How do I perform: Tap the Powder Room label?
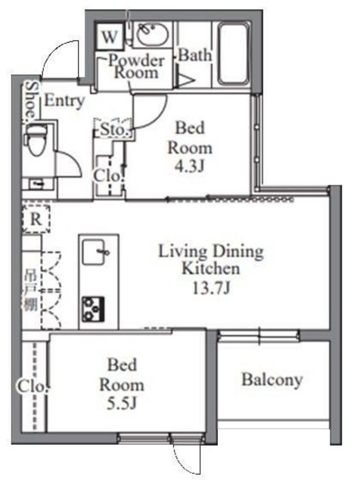[x=136, y=67]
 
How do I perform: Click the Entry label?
[x=64, y=101]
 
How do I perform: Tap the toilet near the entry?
[x=34, y=141]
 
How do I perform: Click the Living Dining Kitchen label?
[x=209, y=259]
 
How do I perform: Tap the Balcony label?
[x=272, y=379]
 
